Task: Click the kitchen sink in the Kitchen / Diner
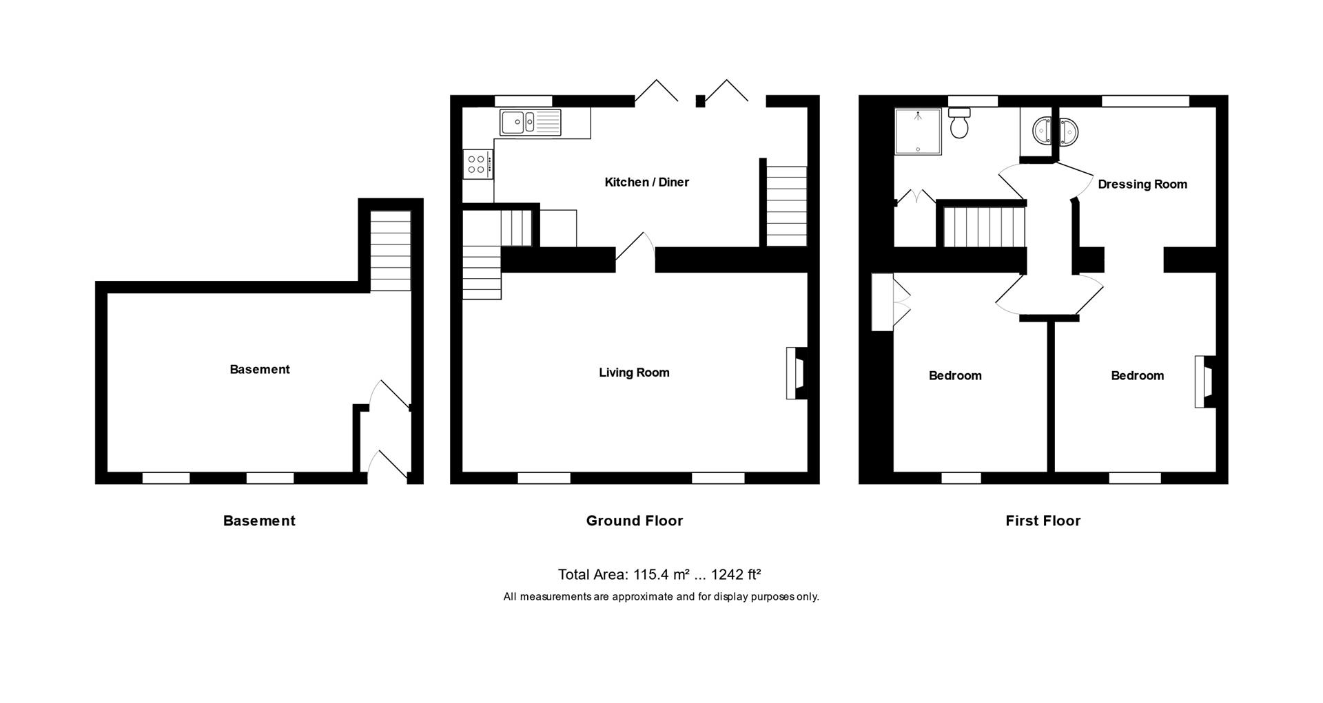[530, 123]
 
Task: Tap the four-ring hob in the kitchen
[478, 164]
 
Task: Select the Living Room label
[634, 373]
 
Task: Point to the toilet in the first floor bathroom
[959, 125]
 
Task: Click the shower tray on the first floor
[917, 131]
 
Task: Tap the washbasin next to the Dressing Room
[1055, 131]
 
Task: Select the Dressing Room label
[1142, 185]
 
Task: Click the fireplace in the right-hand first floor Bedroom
[1205, 381]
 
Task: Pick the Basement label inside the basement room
[259, 370]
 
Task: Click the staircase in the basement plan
[391, 251]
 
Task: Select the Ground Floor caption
[634, 521]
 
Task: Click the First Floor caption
[1043, 521]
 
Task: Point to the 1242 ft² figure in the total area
[735, 574]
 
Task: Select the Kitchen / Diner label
[646, 182]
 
